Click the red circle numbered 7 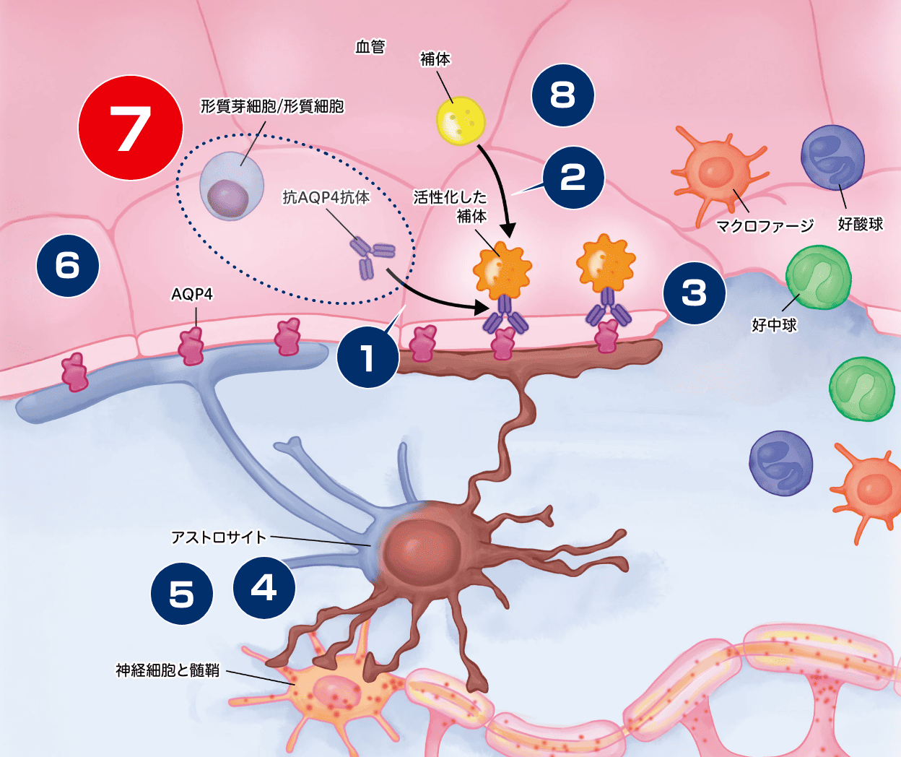click(131, 128)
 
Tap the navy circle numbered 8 click(563, 95)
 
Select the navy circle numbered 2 click(573, 178)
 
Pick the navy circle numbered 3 click(695, 293)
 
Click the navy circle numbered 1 click(368, 357)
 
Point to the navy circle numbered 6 click(68, 265)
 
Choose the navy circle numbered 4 click(264, 588)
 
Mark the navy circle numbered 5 click(182, 594)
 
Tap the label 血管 click(370, 47)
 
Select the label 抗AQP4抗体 click(326, 196)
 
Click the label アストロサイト click(219, 537)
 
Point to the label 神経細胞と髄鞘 click(167, 670)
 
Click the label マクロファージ click(765, 226)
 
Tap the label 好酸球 click(860, 224)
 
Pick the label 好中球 click(774, 325)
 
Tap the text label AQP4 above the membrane click(192, 294)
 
